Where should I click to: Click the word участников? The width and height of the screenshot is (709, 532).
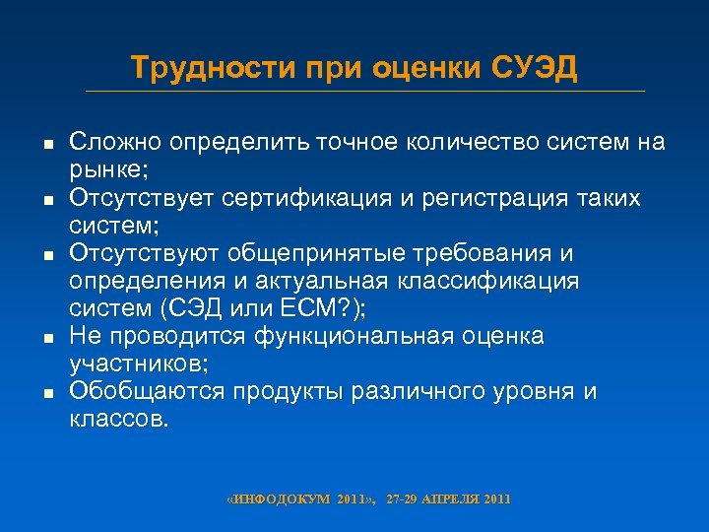[121, 364]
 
